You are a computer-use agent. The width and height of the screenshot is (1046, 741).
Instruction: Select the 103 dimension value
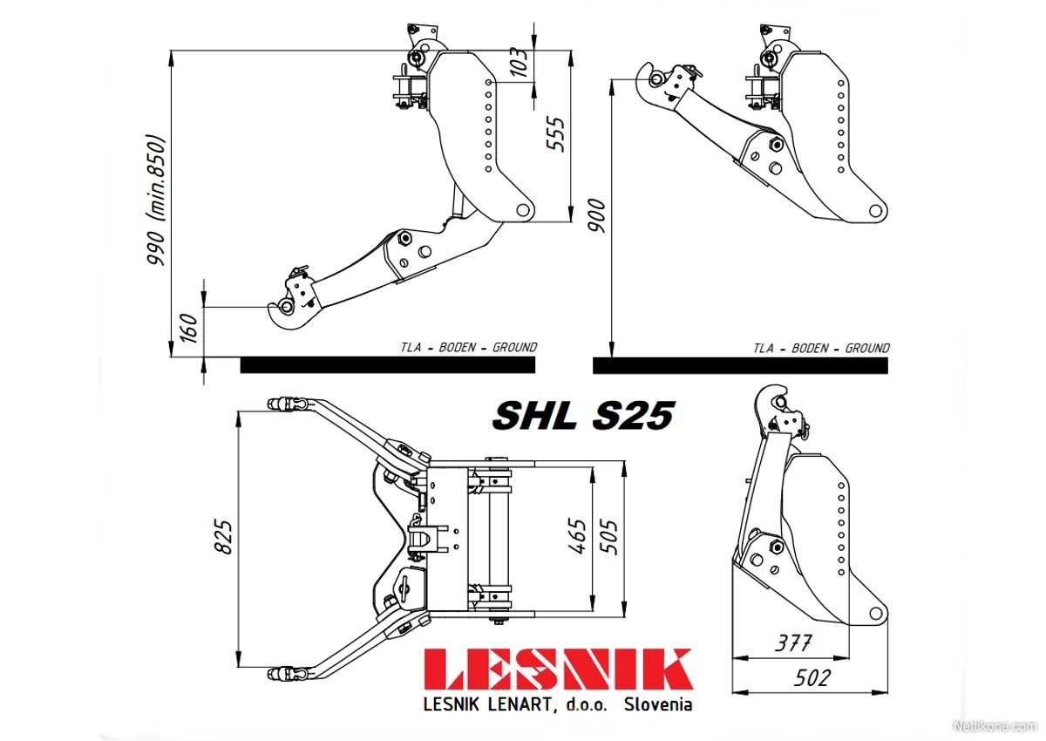tap(520, 62)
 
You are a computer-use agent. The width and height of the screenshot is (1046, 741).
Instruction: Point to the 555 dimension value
tap(556, 134)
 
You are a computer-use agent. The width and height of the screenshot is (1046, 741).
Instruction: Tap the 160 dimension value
tap(190, 328)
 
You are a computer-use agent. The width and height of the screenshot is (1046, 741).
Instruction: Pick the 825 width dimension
tap(224, 537)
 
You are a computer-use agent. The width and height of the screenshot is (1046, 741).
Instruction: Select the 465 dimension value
tap(577, 536)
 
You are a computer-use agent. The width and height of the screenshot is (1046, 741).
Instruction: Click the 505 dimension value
tap(609, 537)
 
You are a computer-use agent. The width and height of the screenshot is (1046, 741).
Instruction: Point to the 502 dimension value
tap(812, 678)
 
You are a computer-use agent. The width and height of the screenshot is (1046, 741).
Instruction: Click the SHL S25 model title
tap(583, 415)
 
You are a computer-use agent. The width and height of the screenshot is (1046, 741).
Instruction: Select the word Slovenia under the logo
tap(658, 704)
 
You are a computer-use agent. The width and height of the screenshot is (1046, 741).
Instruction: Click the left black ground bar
tap(388, 365)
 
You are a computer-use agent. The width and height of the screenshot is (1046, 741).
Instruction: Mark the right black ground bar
tap(740, 365)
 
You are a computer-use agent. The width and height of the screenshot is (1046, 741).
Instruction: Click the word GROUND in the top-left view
tap(515, 347)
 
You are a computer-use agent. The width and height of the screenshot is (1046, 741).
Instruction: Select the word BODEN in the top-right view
tap(810, 349)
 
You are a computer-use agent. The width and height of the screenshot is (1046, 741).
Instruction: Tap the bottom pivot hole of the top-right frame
tap(875, 211)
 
